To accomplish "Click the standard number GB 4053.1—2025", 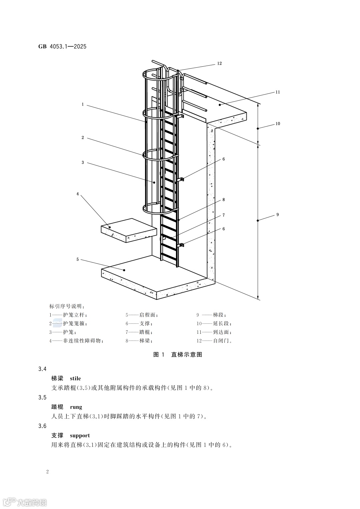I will tap(62, 46).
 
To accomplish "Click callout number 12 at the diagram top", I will tap(219, 63).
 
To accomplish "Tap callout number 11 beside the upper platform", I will tap(278, 92).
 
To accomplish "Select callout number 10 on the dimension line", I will tap(278, 124).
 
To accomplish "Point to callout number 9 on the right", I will tap(278, 215).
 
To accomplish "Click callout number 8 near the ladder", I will tap(224, 200).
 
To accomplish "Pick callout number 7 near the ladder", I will tap(224, 215).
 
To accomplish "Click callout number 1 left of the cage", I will tap(83, 104).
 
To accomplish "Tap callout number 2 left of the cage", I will tap(83, 138).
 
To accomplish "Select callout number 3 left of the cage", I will tap(83, 163).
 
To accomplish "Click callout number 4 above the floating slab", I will tap(78, 194).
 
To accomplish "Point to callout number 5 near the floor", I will tap(78, 259).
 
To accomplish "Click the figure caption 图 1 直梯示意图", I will tap(178, 354).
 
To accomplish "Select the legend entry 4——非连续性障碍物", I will tap(76, 341).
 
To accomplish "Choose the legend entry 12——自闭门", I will tap(214, 341).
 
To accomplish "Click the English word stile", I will tap(75, 378).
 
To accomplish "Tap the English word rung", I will tap(76, 407).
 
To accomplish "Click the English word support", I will tap(80, 435).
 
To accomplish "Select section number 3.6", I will tap(42, 426).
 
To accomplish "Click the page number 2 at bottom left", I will tap(48, 472).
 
